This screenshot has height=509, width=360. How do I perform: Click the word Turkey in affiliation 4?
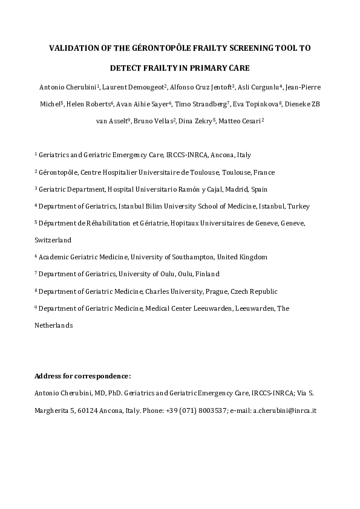298,206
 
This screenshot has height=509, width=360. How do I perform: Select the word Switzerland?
53,240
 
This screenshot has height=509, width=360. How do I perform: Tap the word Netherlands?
54,325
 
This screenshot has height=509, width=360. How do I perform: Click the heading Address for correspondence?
83,376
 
